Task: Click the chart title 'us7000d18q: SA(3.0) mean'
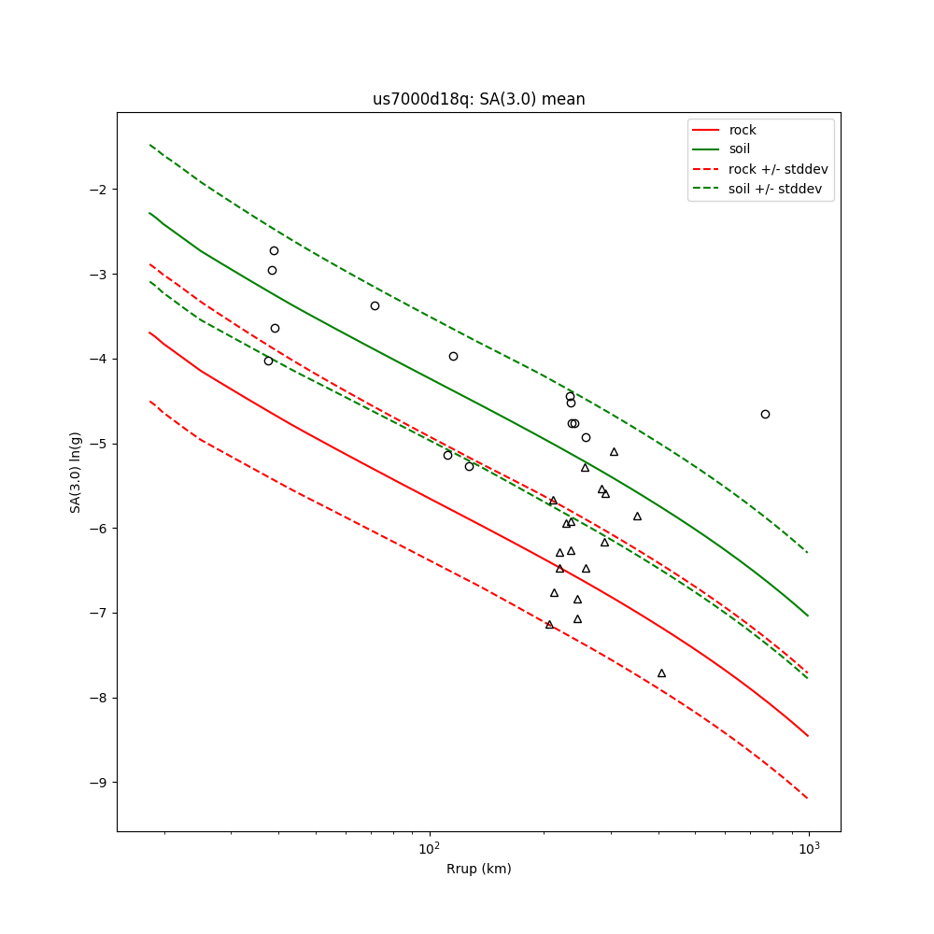click(x=478, y=99)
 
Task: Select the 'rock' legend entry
click(x=743, y=130)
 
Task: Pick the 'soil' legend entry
click(x=740, y=149)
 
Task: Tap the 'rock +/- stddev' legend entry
click(x=778, y=169)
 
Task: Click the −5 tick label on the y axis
click(x=97, y=444)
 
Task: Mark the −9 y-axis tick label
click(x=97, y=783)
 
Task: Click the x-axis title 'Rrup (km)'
click(x=478, y=869)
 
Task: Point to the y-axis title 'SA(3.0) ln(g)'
click(x=76, y=472)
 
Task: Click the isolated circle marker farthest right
click(x=765, y=414)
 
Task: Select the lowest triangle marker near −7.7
click(x=661, y=673)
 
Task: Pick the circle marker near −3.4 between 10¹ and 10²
click(x=375, y=305)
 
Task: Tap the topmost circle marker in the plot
click(x=274, y=250)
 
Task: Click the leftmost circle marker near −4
click(x=268, y=361)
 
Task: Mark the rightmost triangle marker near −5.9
click(x=637, y=517)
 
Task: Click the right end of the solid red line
click(x=808, y=736)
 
